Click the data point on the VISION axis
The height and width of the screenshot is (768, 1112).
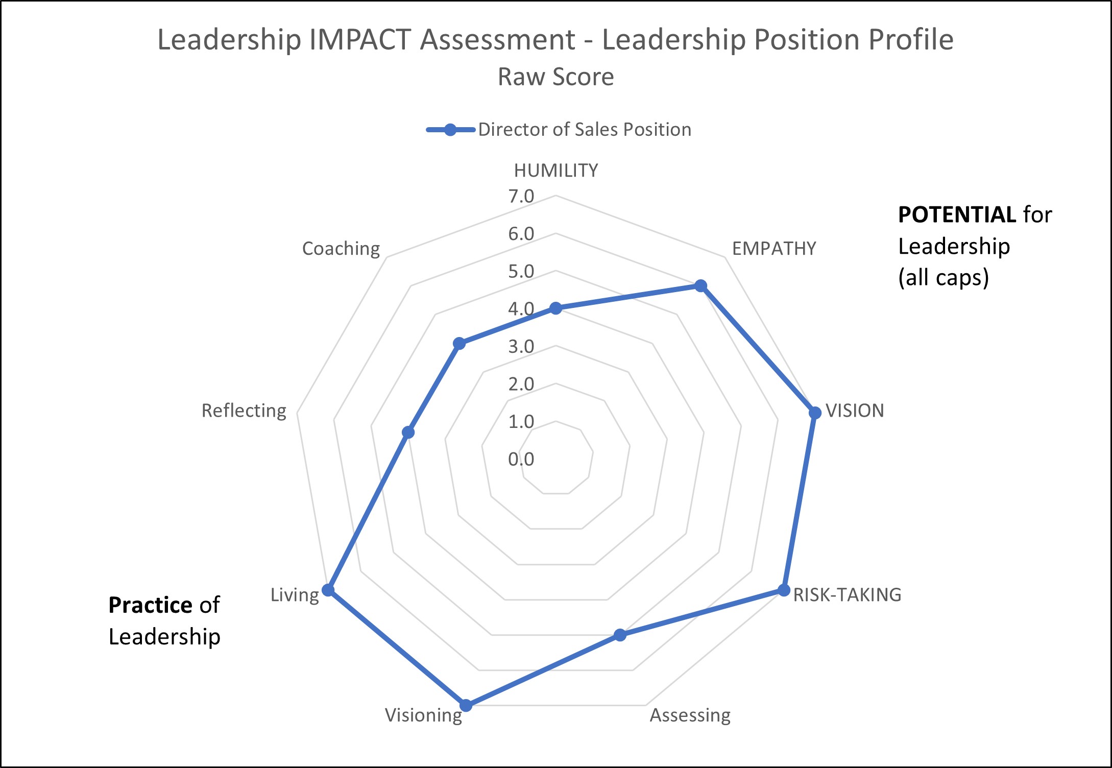tap(815, 413)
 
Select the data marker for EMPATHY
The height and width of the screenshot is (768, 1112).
tap(701, 285)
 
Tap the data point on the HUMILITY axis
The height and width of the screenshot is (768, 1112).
tap(555, 308)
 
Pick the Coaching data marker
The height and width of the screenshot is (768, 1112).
tap(460, 344)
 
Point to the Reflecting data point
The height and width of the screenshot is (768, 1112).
tap(408, 433)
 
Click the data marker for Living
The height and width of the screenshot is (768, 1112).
tap(328, 591)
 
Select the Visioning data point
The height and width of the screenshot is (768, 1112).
tap(466, 705)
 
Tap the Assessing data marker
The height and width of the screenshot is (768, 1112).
tap(620, 635)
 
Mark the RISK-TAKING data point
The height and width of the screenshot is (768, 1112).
tap(783, 591)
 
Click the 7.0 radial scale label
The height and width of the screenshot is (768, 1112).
tap(521, 196)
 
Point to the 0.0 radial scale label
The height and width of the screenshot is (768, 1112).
tap(521, 459)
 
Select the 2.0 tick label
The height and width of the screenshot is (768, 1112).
tap(521, 384)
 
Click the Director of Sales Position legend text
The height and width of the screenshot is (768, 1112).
tap(585, 130)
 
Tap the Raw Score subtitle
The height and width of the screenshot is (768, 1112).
tap(555, 77)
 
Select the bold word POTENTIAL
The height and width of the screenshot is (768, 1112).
tap(956, 214)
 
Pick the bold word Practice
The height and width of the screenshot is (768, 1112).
tap(150, 605)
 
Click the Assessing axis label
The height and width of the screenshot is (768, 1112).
tap(690, 715)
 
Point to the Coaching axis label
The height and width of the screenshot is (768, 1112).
tap(341, 249)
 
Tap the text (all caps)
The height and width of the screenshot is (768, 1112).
tap(944, 278)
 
